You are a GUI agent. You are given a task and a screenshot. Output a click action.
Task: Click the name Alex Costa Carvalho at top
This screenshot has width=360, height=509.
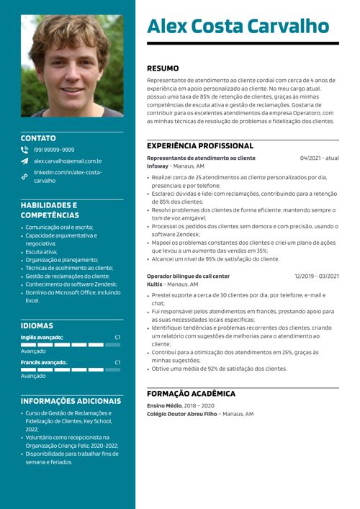pyautogui.click(x=238, y=27)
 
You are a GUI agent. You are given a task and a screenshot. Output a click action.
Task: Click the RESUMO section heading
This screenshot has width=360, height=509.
pyautogui.click(x=163, y=68)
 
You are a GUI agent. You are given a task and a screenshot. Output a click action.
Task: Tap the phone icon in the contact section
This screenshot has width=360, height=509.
pyautogui.click(x=24, y=150)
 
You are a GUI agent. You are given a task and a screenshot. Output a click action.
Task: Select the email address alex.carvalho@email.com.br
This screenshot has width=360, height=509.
pyautogui.click(x=68, y=161)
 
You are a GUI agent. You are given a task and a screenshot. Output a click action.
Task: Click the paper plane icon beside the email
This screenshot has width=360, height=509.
pyautogui.click(x=24, y=161)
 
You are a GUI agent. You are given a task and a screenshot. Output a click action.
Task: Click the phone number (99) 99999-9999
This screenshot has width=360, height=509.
pyautogui.click(x=54, y=150)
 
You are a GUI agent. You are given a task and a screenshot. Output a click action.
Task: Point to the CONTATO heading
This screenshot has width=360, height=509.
pyautogui.click(x=38, y=138)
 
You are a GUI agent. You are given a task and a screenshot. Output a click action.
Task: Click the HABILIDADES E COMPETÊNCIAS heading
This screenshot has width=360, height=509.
pyautogui.click(x=50, y=210)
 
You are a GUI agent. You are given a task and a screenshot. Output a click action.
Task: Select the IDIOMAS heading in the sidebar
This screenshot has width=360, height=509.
pyautogui.click(x=37, y=325)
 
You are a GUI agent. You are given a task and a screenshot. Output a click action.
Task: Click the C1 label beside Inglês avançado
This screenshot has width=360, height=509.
pyautogui.click(x=117, y=337)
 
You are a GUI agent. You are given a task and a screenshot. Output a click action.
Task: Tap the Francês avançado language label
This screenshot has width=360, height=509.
pyautogui.click(x=44, y=362)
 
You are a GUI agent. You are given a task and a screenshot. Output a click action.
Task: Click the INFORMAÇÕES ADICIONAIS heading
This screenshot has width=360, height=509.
pyautogui.click(x=71, y=401)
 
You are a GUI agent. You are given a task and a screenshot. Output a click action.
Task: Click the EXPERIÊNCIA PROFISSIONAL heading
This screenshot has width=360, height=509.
pyautogui.click(x=200, y=145)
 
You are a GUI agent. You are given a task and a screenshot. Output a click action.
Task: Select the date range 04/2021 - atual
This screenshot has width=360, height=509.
pyautogui.click(x=319, y=158)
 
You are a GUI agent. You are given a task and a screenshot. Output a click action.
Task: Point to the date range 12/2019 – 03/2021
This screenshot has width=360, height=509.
pyautogui.click(x=316, y=276)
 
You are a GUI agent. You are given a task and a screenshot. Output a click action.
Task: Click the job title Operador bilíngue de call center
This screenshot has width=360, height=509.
pyautogui.click(x=188, y=276)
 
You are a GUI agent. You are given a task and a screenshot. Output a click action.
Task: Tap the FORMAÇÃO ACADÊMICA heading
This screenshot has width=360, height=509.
pyautogui.click(x=191, y=394)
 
